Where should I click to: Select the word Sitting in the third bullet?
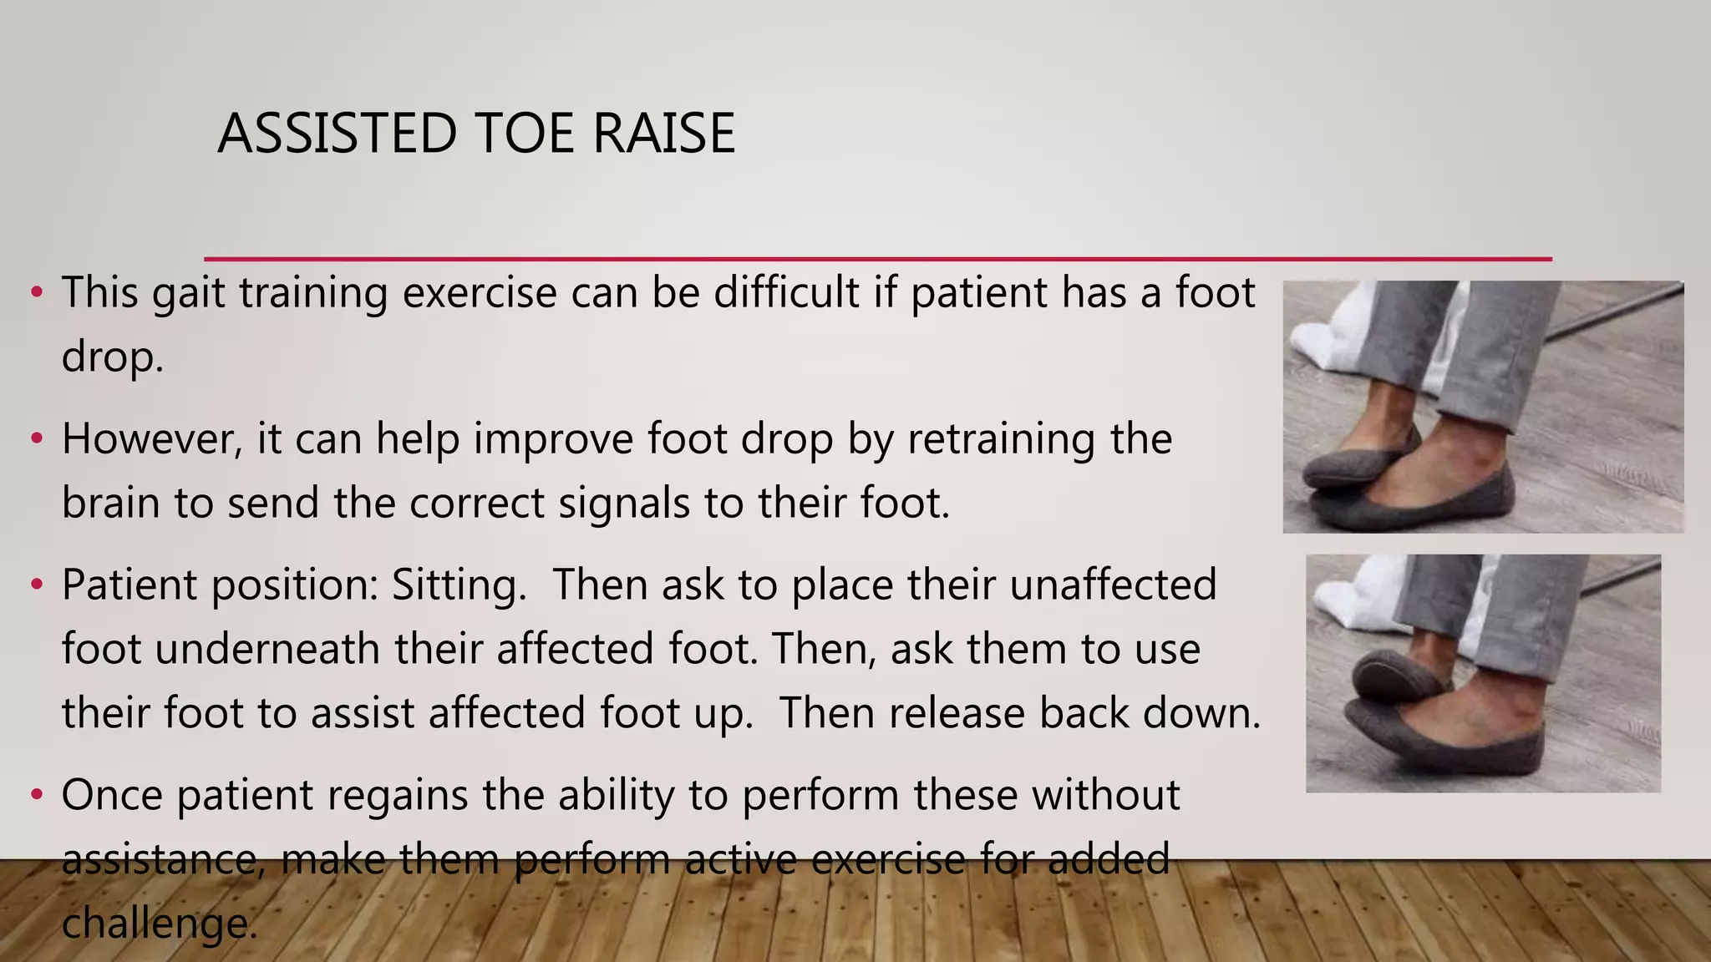459,585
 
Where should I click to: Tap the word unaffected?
1113,585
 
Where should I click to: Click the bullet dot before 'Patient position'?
36,585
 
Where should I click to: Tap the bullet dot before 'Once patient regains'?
36,795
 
